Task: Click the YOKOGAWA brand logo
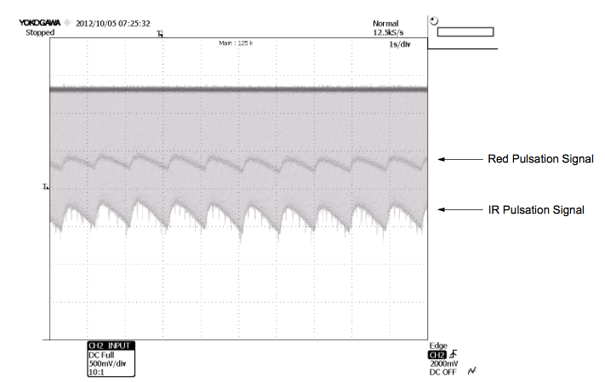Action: coord(40,23)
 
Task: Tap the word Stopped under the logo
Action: coord(40,32)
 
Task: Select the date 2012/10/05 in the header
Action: coord(95,24)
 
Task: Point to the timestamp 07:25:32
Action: coord(134,24)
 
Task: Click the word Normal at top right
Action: coord(385,24)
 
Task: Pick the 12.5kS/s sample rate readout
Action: coord(388,32)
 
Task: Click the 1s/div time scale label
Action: coord(400,44)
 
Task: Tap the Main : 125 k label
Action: coord(236,43)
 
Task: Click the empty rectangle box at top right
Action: coord(465,31)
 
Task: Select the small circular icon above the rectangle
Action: coord(434,20)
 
